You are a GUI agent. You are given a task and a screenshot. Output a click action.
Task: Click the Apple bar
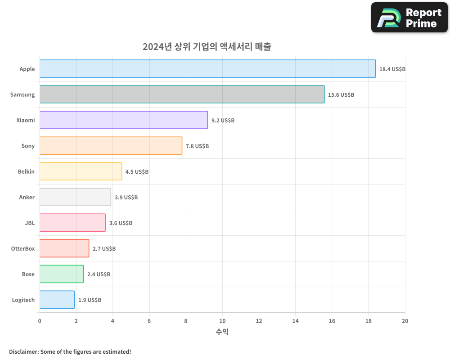207,69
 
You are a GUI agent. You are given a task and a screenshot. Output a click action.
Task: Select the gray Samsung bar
182,94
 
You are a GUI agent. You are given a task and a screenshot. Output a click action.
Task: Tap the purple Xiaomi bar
124,120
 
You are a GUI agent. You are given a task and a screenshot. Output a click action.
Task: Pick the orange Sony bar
111,146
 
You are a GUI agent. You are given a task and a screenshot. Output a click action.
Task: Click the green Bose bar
62,274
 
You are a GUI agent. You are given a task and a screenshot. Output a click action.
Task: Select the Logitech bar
57,300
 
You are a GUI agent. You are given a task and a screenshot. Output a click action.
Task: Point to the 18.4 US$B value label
392,69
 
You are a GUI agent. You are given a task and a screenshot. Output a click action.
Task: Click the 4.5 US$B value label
137,172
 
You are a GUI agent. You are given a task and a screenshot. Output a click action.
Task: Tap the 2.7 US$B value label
104,249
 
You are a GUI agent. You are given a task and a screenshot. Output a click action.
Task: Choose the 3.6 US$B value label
121,223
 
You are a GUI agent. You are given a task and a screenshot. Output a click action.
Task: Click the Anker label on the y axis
27,197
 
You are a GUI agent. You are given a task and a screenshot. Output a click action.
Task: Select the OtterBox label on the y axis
23,248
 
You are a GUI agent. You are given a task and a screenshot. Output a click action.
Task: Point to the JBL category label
30,223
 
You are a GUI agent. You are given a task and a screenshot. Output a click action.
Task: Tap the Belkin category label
26,171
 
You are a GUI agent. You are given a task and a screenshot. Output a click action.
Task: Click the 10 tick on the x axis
222,321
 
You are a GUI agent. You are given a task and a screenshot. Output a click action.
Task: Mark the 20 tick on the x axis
405,321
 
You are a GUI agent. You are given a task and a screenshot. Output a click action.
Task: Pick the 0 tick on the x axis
40,321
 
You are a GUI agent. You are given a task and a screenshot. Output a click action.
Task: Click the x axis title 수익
222,332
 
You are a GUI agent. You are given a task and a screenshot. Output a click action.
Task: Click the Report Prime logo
409,18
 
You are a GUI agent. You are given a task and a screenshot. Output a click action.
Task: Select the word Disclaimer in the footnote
23,351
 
